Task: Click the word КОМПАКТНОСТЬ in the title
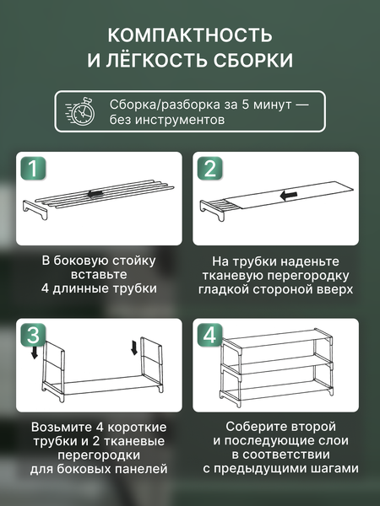click(x=189, y=35)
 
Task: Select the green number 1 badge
click(x=31, y=168)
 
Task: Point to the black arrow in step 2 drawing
click(x=289, y=196)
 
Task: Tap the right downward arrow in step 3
click(x=134, y=347)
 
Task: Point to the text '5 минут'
click(x=267, y=105)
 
